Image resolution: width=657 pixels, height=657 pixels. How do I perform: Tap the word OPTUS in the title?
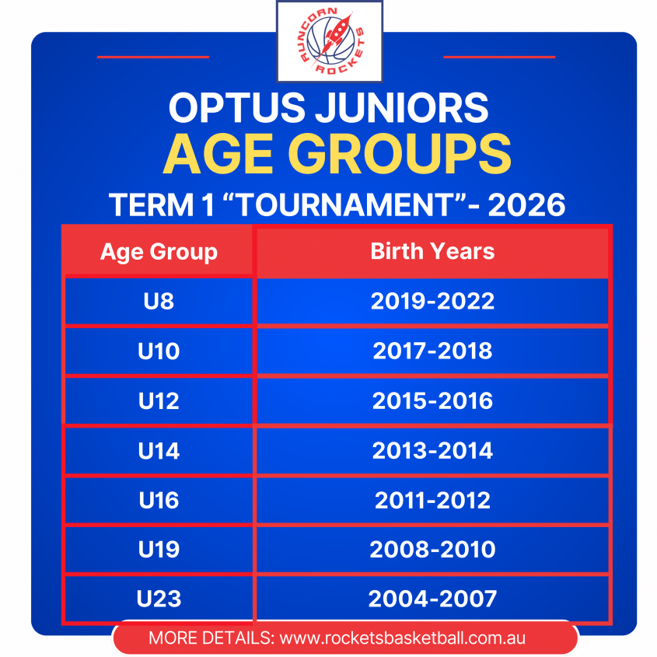tap(236, 107)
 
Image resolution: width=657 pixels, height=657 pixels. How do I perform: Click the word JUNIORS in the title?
tap(402, 107)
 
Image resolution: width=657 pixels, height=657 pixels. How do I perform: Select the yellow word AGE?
tap(218, 154)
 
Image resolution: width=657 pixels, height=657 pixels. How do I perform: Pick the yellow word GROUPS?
tap(400, 154)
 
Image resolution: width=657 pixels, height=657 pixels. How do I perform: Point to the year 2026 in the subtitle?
tap(526, 205)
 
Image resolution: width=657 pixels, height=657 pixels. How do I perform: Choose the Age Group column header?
tap(159, 252)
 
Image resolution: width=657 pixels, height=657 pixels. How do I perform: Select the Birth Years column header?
tap(432, 251)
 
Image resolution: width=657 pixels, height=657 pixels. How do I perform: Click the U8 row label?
tap(159, 301)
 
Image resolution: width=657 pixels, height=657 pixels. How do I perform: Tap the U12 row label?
tap(159, 400)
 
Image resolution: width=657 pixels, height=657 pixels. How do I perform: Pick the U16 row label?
tap(159, 500)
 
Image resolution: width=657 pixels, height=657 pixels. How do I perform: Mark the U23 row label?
tap(159, 599)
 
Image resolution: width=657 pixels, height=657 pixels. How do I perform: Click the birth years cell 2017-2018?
tap(432, 351)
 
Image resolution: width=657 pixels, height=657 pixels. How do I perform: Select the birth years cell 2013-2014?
tap(432, 450)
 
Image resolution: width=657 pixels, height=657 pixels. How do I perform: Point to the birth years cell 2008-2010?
tap(432, 550)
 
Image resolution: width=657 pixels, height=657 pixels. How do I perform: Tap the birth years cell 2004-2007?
tap(432, 599)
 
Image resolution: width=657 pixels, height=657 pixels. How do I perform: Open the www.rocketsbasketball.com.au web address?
tap(402, 638)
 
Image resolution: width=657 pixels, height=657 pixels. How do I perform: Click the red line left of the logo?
tap(153, 57)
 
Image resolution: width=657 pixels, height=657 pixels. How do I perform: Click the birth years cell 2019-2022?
tap(432, 301)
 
